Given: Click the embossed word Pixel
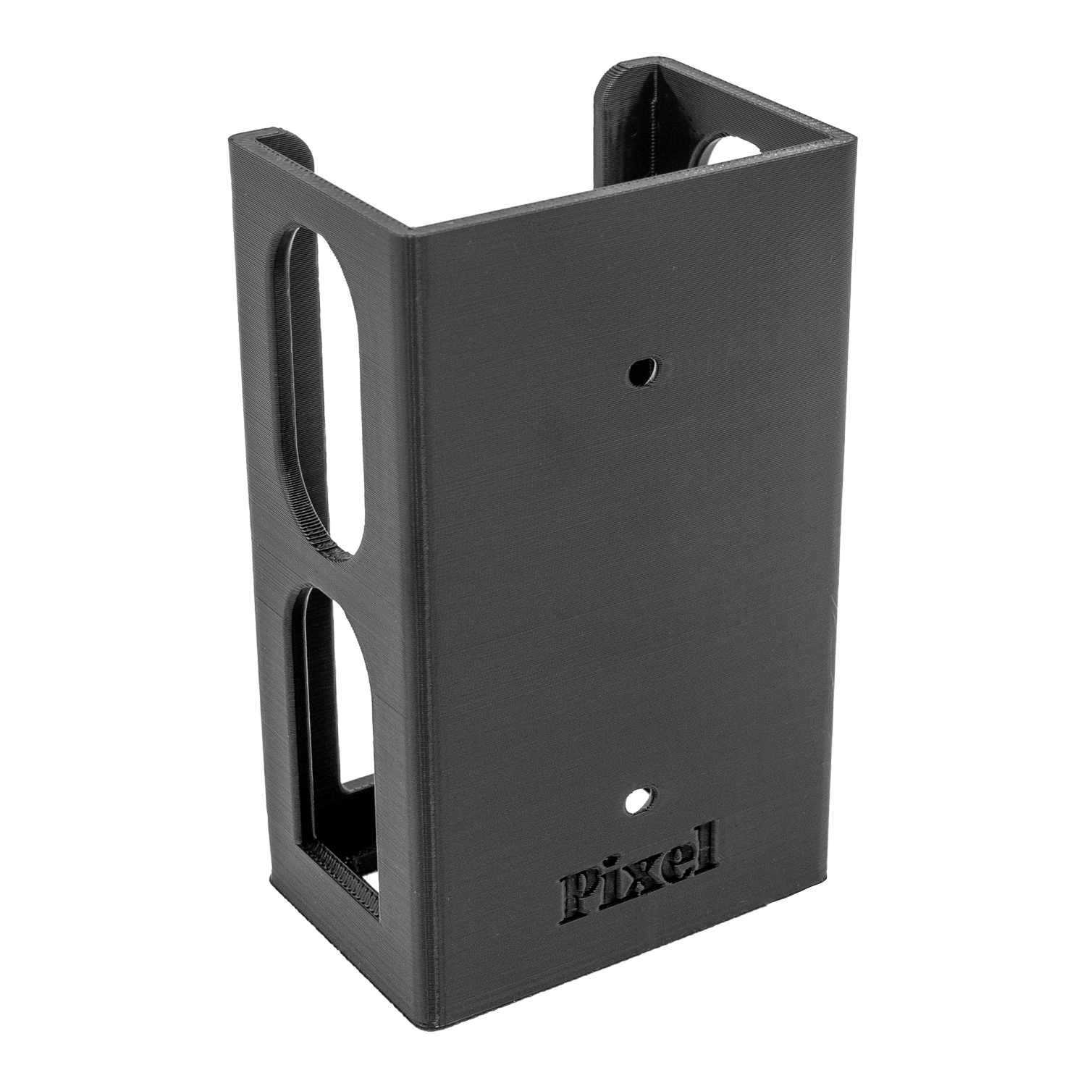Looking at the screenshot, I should [637, 868].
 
